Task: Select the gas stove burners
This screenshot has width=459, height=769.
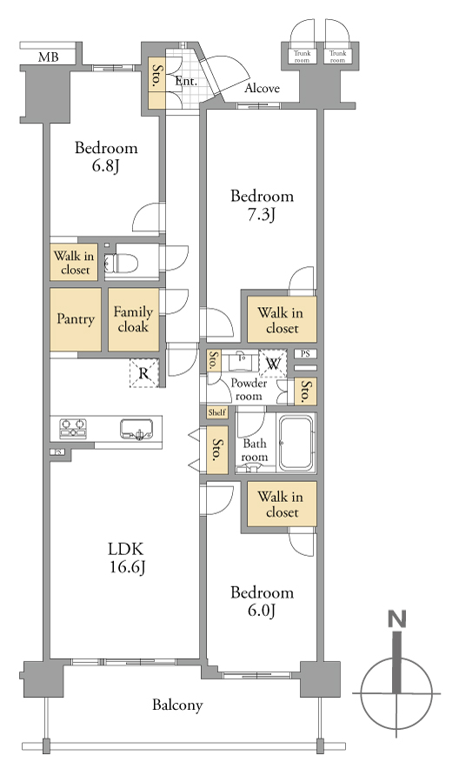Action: point(73,428)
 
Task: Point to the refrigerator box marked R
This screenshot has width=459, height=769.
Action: point(144,373)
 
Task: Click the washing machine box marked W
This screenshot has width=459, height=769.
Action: point(273,364)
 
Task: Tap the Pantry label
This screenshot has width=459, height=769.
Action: point(76,319)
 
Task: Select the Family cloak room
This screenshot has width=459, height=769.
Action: point(134,319)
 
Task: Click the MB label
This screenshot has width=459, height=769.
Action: point(49,57)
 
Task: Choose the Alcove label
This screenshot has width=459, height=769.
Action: point(262,88)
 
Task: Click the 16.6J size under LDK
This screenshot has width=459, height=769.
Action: point(127,567)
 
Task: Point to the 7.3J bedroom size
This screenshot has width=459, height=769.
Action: point(262,215)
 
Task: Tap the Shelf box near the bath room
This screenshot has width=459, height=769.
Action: point(217,412)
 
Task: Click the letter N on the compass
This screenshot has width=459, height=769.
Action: point(396,619)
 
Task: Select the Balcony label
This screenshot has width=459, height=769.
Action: point(177,705)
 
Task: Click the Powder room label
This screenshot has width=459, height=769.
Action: point(249,390)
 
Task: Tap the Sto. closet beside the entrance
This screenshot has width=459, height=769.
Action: point(157,83)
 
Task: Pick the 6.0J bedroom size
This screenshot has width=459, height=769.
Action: point(262,611)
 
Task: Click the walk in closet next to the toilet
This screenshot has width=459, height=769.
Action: point(75,263)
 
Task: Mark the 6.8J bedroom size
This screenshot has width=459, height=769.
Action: point(106,167)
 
